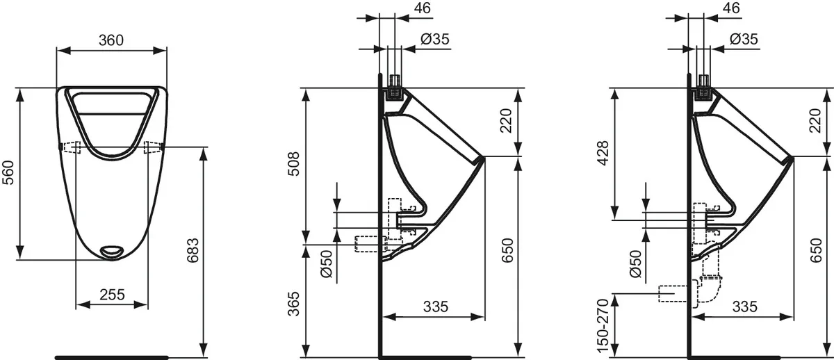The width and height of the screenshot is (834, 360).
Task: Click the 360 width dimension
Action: point(111,40)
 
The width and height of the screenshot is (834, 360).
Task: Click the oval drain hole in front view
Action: point(111,250)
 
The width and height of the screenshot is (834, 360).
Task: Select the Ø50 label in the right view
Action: point(634,264)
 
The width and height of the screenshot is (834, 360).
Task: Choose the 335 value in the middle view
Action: point(435,306)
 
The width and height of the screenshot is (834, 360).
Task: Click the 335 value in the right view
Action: point(744,306)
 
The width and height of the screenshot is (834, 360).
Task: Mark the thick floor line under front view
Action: point(111,357)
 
